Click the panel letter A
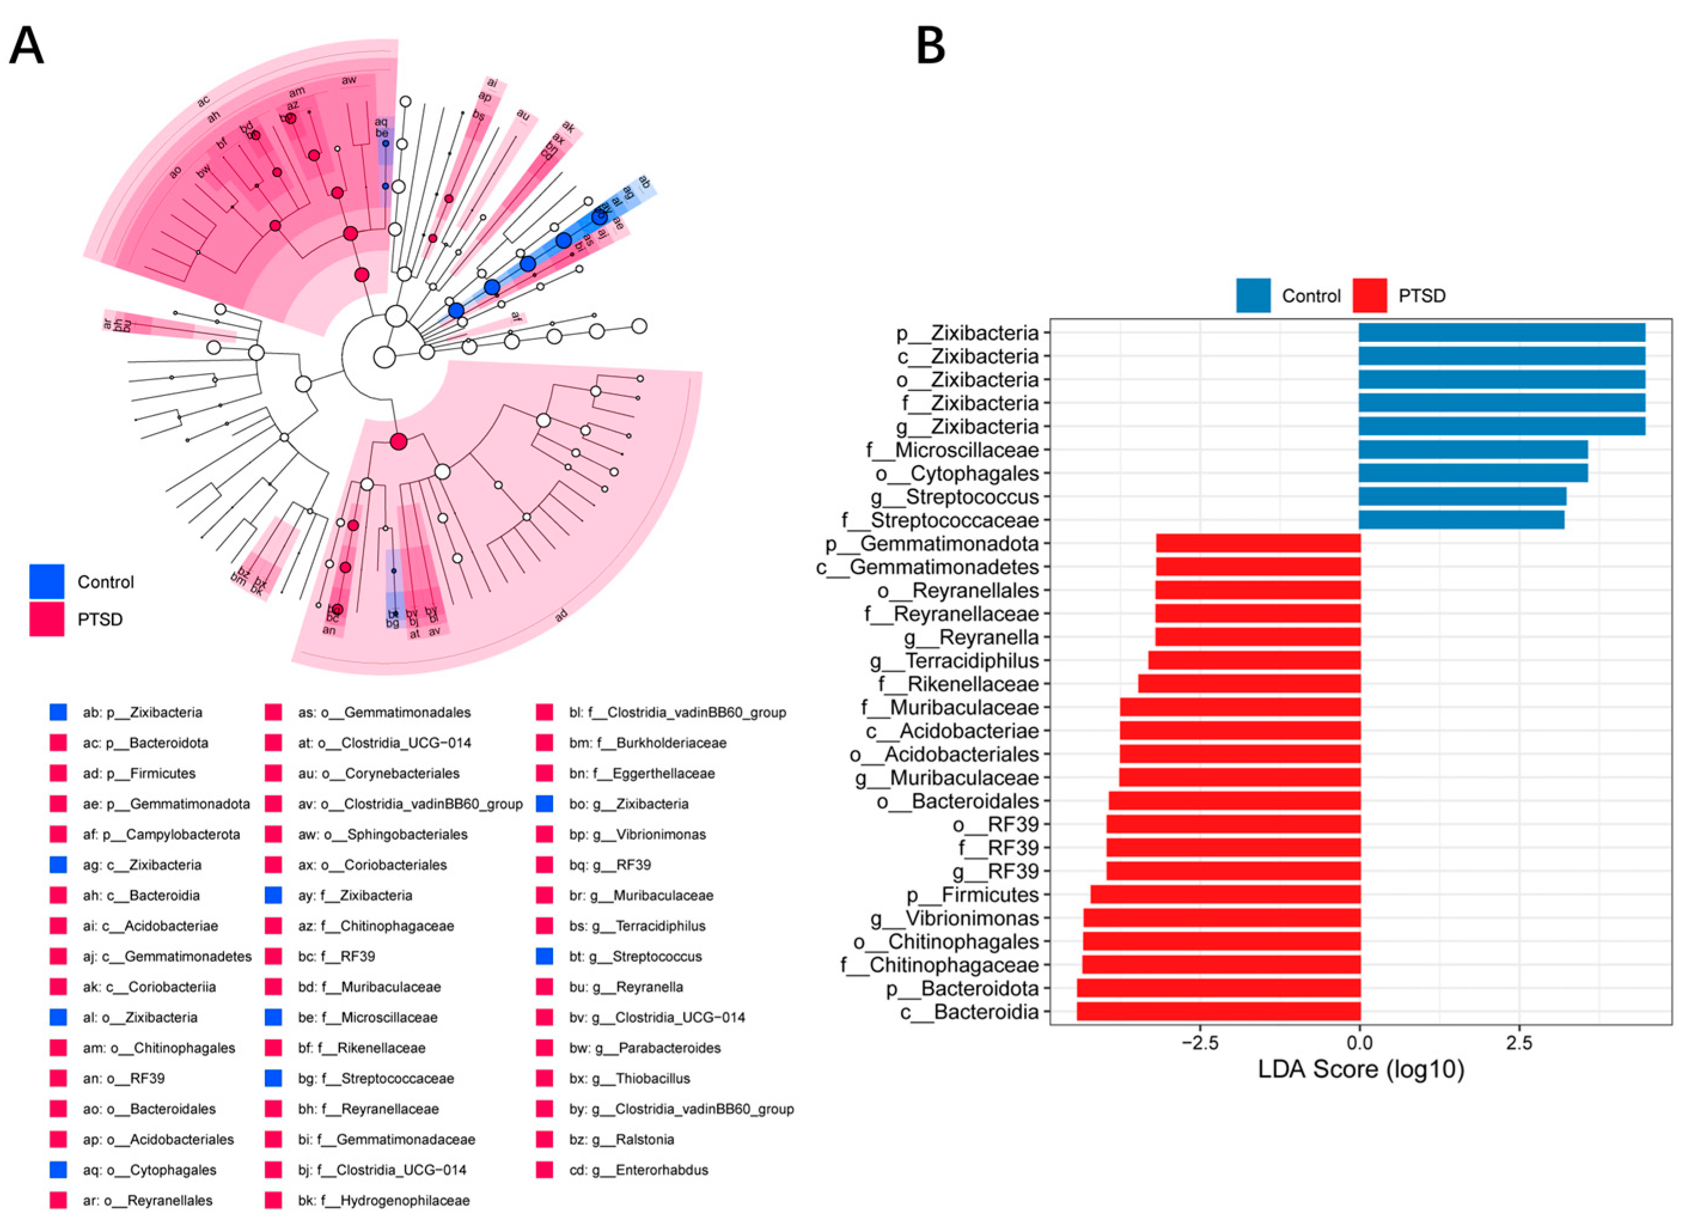(x=26, y=47)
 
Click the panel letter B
(x=930, y=47)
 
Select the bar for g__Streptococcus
(x=1462, y=497)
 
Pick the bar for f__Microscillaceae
(x=1472, y=450)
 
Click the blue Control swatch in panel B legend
(x=1253, y=295)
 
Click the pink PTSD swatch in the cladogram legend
(x=47, y=619)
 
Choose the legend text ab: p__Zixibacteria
(x=142, y=713)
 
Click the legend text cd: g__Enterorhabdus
(x=638, y=1169)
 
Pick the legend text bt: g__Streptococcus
(x=635, y=956)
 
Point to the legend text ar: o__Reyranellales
(x=147, y=1201)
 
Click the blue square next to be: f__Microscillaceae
(x=273, y=1017)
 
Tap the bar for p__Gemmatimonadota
(x=1258, y=543)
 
